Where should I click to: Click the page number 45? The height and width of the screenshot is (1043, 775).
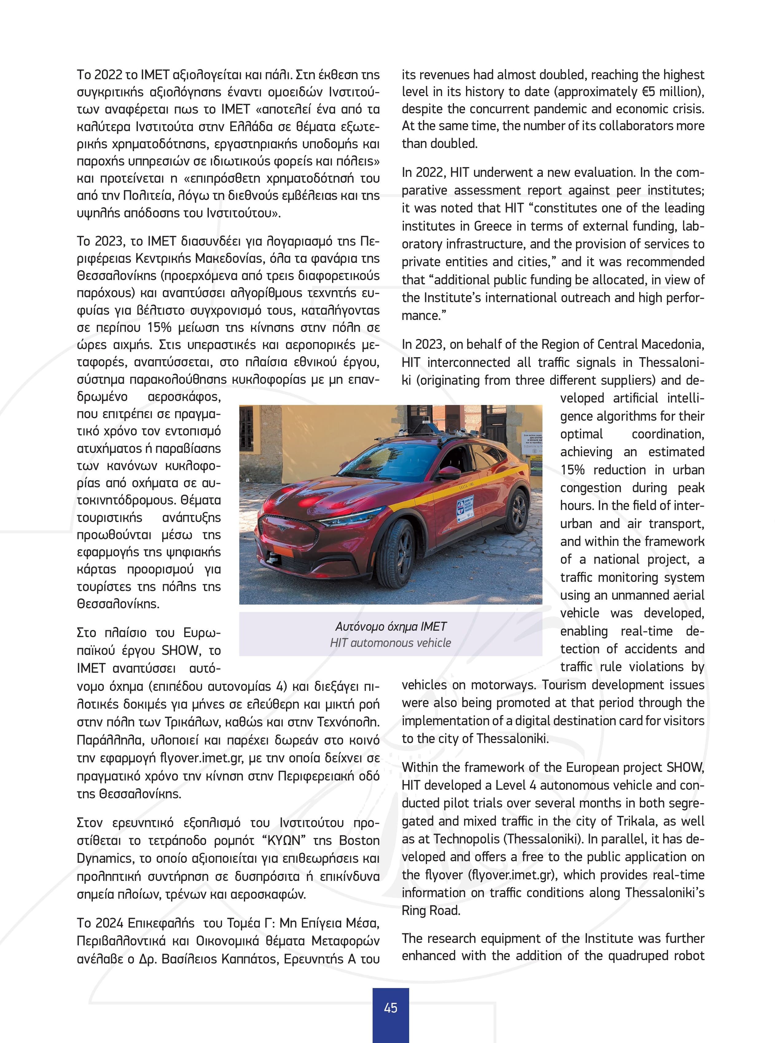coord(390,1007)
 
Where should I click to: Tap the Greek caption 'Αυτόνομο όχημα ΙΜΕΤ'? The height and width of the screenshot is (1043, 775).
coord(390,627)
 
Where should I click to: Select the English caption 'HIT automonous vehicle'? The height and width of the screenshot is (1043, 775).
coord(390,643)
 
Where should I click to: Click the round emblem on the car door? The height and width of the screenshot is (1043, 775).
coord(462,506)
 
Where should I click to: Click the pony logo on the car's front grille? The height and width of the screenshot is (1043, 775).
coord(281,529)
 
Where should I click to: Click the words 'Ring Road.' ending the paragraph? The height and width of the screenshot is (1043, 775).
coord(431,911)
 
